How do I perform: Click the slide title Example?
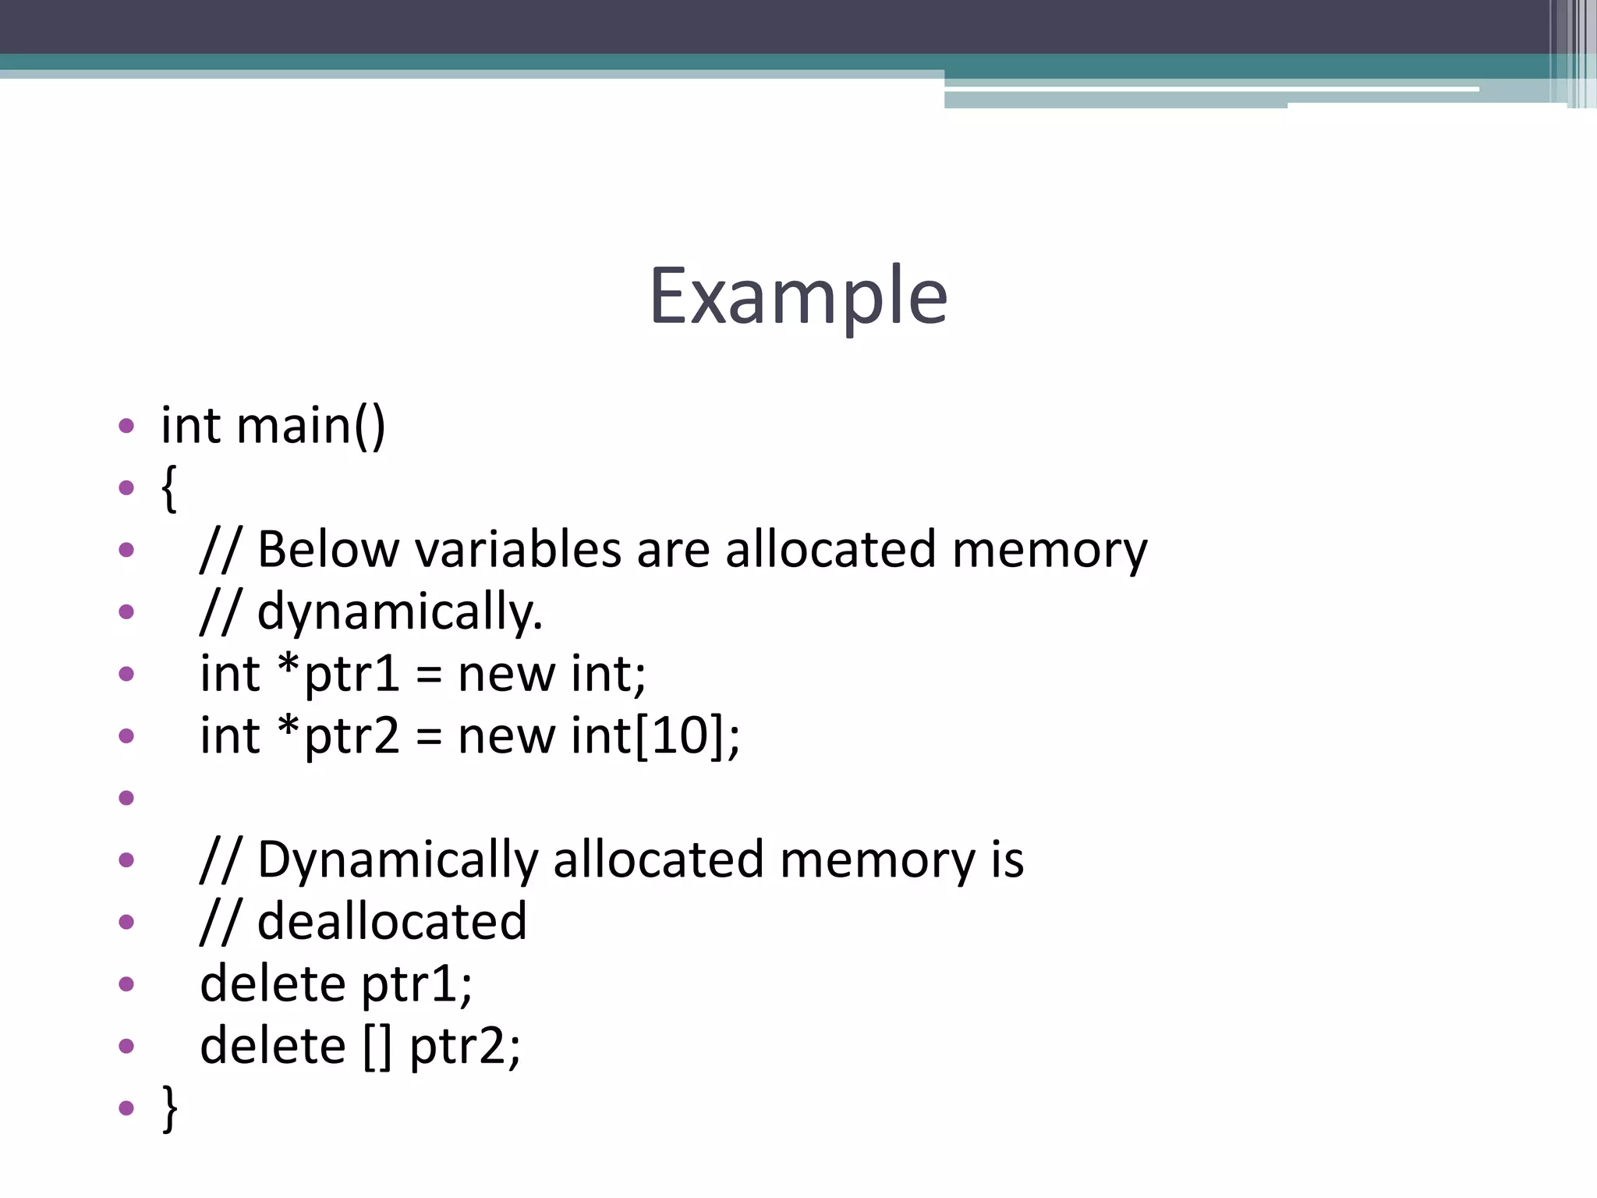[798, 296]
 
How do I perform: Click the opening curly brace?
[169, 488]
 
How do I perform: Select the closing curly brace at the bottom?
[169, 1107]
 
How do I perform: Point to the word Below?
[328, 549]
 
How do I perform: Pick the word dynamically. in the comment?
[399, 611]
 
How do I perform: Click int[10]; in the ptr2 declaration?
[655, 735]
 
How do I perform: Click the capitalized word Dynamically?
[398, 860]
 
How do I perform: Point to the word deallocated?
[392, 922]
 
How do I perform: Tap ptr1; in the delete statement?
[416, 984]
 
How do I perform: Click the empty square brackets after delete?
[377, 1047]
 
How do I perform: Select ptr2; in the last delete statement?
[465, 1047]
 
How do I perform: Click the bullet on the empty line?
[126, 798]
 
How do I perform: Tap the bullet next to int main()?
[126, 426]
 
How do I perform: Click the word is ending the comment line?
[1007, 860]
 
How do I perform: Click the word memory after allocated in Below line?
[1050, 549]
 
